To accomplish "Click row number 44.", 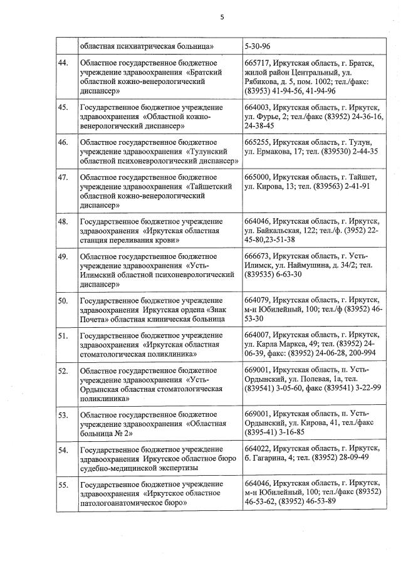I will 63,64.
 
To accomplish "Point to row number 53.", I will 63,415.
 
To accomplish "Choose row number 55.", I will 63,485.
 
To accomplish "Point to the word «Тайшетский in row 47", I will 210,187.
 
